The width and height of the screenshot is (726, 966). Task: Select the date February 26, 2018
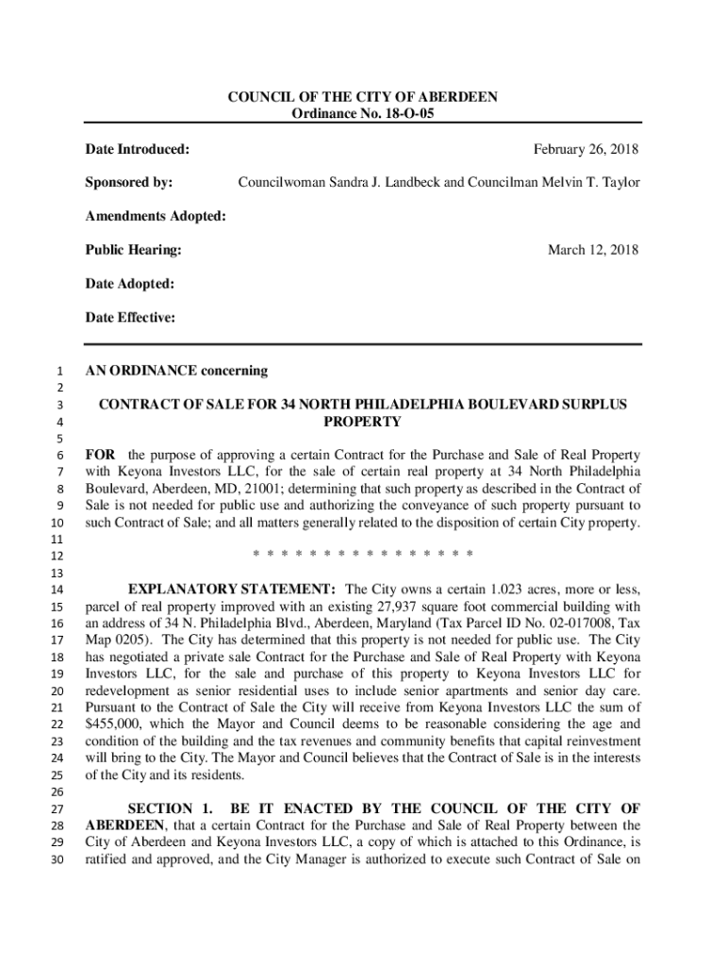tap(586, 149)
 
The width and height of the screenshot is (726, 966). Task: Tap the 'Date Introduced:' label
tap(138, 149)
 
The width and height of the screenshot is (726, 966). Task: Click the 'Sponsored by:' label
tap(129, 181)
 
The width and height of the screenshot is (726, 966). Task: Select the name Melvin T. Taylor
tap(586, 181)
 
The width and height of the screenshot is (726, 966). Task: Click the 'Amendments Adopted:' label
tap(156, 216)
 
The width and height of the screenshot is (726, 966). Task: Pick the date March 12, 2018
tap(593, 250)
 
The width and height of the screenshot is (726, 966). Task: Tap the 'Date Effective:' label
tap(130, 318)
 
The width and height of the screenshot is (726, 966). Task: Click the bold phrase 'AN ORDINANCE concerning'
tap(176, 371)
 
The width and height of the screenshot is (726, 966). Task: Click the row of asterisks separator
tap(363, 554)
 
